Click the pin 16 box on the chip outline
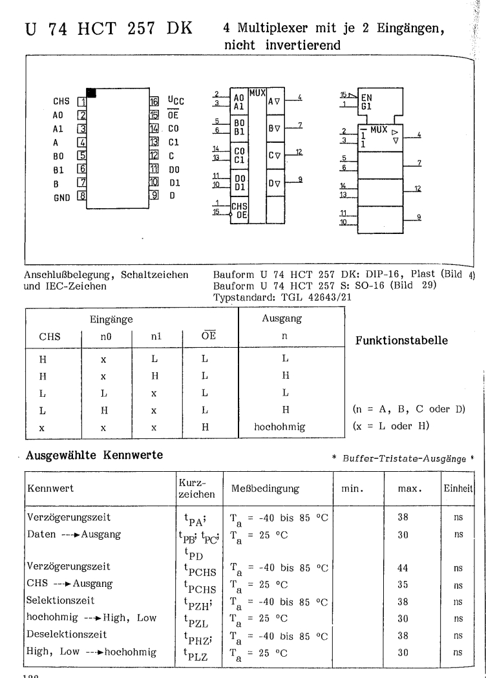click(154, 101)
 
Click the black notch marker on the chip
click(91, 93)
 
